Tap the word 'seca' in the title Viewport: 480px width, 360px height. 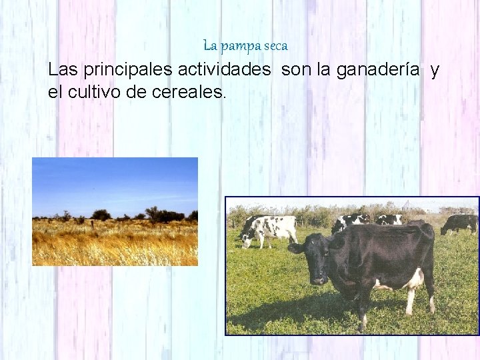tap(276, 47)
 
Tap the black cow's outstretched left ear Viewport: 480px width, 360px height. tap(295, 248)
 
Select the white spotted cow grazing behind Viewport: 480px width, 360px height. tap(270, 229)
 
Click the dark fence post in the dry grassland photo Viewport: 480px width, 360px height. tap(93, 225)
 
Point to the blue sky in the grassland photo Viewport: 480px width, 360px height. tap(113, 180)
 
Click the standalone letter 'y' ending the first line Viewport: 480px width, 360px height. tap(435, 71)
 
